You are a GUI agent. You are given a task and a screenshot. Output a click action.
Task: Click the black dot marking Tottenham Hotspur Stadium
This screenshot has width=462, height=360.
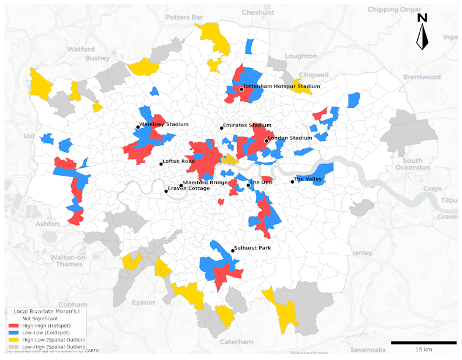241,89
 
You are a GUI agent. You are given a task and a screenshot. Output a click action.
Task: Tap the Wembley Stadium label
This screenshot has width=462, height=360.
163,124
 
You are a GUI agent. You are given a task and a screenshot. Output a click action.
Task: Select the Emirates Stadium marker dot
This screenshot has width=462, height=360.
222,128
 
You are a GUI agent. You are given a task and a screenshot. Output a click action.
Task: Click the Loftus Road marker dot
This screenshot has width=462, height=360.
161,164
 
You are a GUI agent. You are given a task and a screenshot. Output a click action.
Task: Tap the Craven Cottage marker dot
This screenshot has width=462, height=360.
166,192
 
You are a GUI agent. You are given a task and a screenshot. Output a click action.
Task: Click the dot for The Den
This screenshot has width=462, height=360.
248,185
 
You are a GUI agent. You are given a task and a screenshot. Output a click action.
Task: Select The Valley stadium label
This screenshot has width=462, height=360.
308,179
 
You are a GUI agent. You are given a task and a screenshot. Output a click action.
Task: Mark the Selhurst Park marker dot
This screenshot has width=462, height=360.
233,251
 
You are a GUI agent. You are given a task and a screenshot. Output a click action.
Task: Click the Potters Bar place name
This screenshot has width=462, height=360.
151,12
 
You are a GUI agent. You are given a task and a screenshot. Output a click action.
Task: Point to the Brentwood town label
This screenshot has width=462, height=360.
422,77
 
